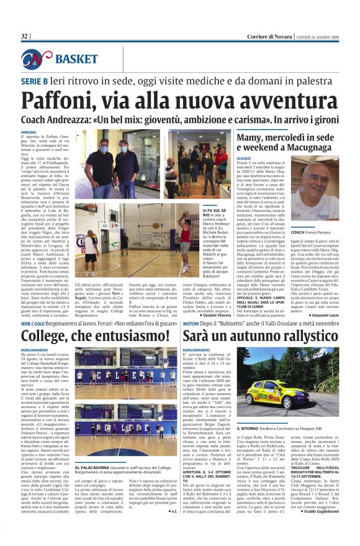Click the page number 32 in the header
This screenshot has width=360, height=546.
pos(25,37)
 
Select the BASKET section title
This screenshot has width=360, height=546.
pos(76,60)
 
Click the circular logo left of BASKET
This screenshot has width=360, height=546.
pos(37,60)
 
